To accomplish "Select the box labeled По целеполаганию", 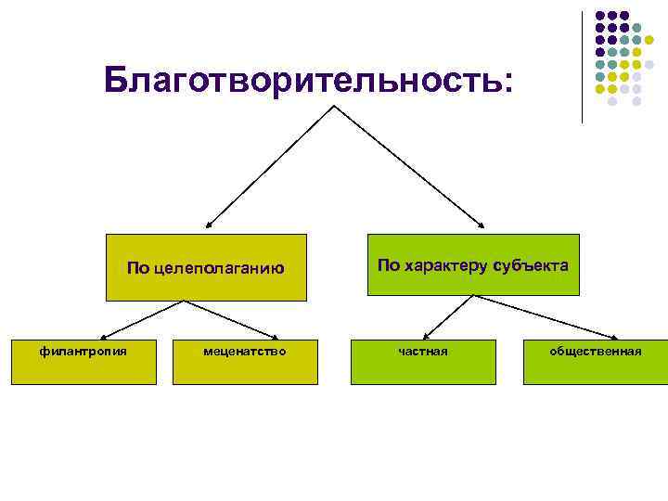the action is tap(205, 267).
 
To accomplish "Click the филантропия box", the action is tap(83, 362).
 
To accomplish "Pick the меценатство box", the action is tap(243, 362).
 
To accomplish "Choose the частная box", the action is tap(422, 362).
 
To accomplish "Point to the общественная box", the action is tap(595, 362).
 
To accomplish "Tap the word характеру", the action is tap(445, 265).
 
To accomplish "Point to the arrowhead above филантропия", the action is tap(102, 338).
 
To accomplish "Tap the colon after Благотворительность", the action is tap(505, 83).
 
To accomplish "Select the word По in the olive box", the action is tap(136, 269).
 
